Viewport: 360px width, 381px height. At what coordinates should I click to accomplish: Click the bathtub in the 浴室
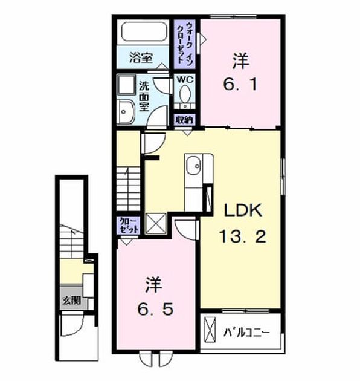145,31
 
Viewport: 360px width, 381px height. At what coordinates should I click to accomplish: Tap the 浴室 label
141,58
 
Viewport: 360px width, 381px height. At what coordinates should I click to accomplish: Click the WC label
185,79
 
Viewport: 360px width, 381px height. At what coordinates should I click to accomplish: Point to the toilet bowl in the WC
185,94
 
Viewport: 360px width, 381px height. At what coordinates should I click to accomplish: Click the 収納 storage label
184,120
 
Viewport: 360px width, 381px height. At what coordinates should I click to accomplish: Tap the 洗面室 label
144,96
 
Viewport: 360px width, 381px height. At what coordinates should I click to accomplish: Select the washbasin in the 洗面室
126,112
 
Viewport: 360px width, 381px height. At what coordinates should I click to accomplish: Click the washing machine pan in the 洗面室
126,85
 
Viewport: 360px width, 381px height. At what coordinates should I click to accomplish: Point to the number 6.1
240,73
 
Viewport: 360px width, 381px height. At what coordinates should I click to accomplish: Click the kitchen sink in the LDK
193,165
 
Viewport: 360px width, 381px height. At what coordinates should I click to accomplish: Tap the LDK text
243,210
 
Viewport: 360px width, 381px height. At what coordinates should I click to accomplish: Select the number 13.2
243,236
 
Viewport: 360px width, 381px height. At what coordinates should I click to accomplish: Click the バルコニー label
246,333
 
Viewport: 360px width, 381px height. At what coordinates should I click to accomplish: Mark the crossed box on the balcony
210,330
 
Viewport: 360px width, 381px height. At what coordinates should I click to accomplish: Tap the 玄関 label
72,301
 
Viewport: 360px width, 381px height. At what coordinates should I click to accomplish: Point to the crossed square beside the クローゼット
156,224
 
